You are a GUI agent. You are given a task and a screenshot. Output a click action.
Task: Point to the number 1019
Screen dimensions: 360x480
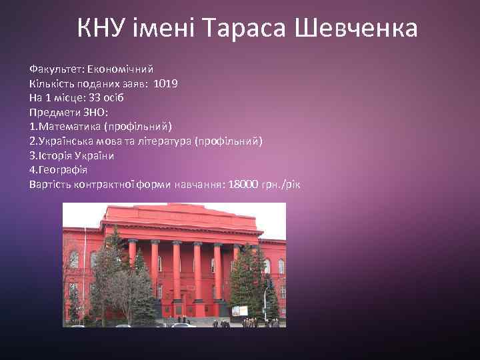pos(165,83)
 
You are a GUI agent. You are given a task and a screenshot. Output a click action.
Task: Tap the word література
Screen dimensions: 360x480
pos(163,141)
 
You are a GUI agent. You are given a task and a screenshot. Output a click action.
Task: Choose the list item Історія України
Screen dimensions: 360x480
pos(72,155)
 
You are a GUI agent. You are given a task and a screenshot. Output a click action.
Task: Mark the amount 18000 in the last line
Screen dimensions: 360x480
pos(243,184)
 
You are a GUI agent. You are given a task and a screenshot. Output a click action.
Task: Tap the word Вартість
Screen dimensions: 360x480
pos(51,184)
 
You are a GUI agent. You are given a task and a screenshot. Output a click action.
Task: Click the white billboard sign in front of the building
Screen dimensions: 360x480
pos(240,310)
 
